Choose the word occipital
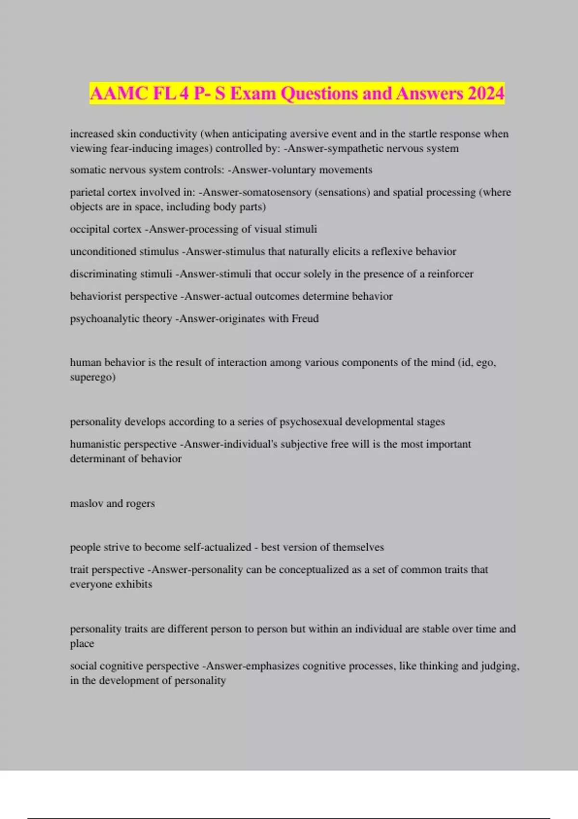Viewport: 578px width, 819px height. pyautogui.click(x=88, y=229)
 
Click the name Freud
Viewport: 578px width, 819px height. pyautogui.click(x=305, y=318)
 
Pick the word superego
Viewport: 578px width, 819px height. pyautogui.click(x=92, y=377)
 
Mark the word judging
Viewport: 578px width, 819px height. pyautogui.click(x=500, y=666)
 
